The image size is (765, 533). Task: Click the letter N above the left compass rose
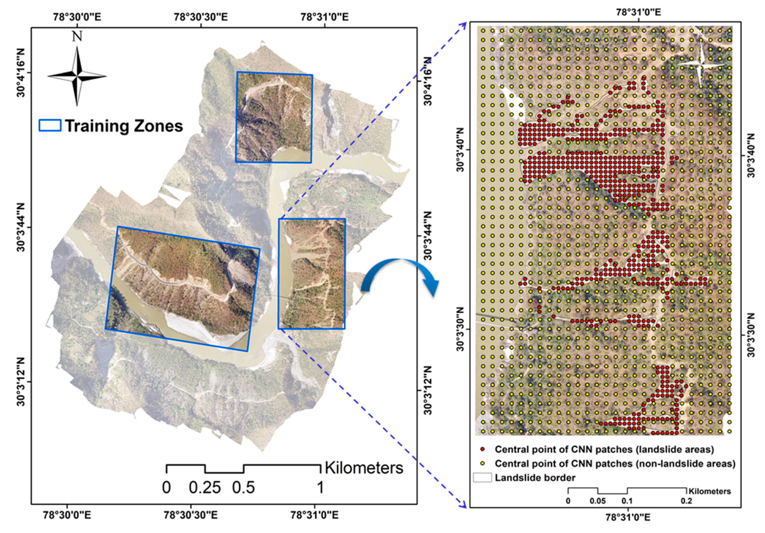tap(77, 36)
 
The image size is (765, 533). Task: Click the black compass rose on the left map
tap(77, 76)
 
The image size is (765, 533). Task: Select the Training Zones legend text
tap(124, 126)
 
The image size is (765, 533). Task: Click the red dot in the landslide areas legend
tap(482, 450)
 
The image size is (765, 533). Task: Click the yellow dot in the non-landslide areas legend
tap(482, 463)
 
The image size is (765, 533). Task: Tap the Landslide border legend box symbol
tap(482, 478)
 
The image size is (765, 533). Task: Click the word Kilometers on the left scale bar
tap(364, 468)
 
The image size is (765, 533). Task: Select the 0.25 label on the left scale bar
tap(205, 488)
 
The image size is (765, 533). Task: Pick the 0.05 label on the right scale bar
tap(598, 501)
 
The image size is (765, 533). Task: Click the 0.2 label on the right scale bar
tap(686, 501)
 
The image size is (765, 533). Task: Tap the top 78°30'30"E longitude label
tap(201, 17)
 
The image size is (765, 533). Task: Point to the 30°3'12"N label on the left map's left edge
tap(21, 382)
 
